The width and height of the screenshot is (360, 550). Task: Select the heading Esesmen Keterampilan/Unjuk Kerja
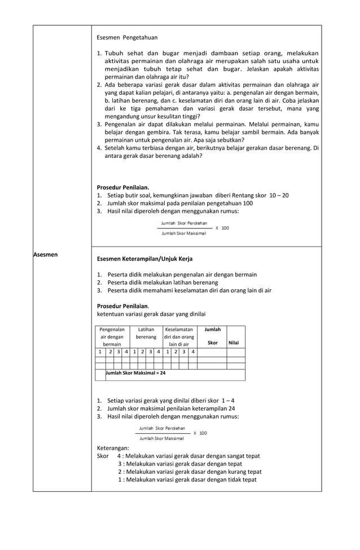click(x=144, y=259)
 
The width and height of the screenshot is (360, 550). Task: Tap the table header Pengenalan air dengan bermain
click(x=112, y=336)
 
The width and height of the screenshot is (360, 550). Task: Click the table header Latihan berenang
click(x=146, y=333)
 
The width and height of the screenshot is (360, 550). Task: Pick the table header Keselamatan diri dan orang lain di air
click(x=179, y=336)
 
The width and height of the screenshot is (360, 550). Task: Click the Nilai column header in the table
click(x=234, y=342)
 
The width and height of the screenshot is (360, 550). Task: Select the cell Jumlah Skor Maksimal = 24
click(x=135, y=373)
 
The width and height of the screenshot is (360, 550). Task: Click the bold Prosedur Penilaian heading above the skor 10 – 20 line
click(x=123, y=187)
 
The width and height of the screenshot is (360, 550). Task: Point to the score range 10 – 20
click(x=276, y=195)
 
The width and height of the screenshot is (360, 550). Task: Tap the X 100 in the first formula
click(x=222, y=228)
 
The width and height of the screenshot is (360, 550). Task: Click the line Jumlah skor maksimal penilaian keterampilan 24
click(x=171, y=408)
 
